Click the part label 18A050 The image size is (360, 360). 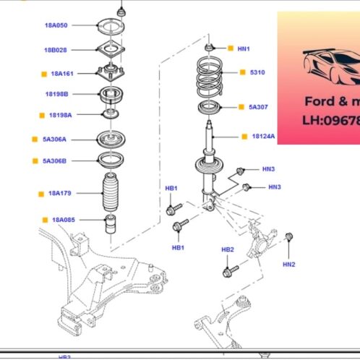[56, 25]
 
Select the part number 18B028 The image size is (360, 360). [56, 50]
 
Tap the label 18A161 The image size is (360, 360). [62, 73]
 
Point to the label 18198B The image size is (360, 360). [56, 94]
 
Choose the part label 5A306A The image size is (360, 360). [54, 139]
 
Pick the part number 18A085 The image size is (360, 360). [63, 219]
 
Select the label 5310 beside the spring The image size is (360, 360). [258, 73]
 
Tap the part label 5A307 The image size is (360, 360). [258, 107]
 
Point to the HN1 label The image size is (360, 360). [243, 48]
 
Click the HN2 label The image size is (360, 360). [289, 265]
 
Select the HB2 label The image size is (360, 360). [227, 249]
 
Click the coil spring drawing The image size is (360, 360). [214, 77]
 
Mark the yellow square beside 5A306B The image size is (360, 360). [34, 160]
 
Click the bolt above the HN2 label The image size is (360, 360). [289, 237]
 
